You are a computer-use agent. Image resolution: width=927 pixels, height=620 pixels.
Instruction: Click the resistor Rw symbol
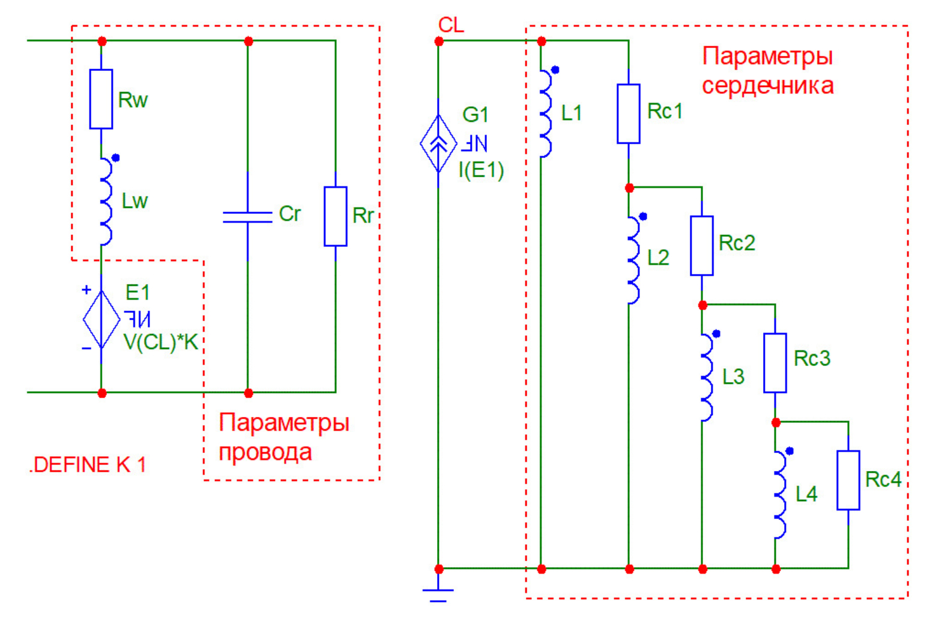[101, 99]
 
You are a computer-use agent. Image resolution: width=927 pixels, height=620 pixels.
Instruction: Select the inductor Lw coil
[106, 201]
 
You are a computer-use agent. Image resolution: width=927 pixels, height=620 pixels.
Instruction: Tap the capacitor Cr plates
[247, 217]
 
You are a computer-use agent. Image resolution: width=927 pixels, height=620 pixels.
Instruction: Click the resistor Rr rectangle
[335, 216]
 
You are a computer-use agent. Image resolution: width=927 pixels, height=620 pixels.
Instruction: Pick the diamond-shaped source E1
[101, 320]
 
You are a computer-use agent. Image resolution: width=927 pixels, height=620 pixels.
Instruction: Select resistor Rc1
[628, 114]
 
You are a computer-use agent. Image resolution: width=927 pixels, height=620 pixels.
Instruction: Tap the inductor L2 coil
[633, 260]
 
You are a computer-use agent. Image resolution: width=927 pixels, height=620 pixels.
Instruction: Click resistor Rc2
[701, 245]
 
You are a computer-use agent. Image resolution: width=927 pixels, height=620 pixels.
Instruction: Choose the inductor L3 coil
[706, 377]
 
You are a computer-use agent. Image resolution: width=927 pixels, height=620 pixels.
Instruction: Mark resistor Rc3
[775, 363]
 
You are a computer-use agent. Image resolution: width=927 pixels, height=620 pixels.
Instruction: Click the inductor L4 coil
[779, 494]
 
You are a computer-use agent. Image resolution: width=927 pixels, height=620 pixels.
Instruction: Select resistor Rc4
[848, 480]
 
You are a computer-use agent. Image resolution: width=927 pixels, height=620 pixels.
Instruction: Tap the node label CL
[451, 25]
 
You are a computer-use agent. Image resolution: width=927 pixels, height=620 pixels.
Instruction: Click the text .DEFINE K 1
[88, 465]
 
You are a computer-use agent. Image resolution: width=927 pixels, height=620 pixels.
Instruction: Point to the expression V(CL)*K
[160, 342]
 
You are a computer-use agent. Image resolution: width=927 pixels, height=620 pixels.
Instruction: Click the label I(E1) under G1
[481, 171]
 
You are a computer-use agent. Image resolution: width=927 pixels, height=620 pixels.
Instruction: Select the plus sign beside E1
[86, 290]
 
